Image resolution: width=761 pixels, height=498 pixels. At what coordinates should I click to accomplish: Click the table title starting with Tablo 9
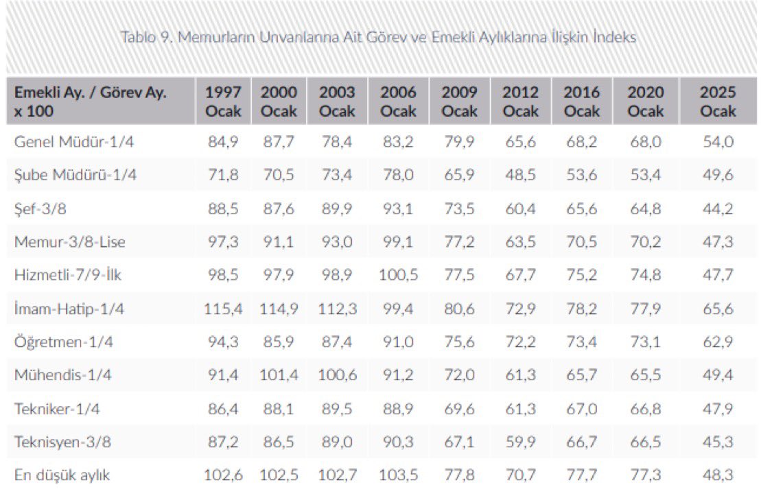point(378,37)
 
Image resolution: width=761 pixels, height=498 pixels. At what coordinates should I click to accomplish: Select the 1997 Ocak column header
point(223,102)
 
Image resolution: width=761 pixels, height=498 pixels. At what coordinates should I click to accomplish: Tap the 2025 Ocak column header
point(718,102)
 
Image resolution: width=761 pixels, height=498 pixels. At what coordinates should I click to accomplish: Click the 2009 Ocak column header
point(459,102)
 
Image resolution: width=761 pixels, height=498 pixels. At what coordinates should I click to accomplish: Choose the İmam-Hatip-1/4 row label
point(69,309)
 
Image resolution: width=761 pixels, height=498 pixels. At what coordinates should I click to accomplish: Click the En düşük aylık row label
point(62,475)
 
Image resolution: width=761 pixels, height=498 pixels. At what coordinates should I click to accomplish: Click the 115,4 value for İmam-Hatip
point(223,309)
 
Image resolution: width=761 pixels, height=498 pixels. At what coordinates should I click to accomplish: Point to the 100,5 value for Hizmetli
point(398,275)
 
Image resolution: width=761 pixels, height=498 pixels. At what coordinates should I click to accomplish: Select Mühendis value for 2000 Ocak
point(279,375)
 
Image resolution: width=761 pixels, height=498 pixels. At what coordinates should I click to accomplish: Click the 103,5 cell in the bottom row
point(398,475)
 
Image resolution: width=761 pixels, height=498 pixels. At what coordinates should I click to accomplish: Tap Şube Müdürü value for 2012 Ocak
point(520,175)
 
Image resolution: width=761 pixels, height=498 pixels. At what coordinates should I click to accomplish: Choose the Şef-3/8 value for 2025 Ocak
point(718,209)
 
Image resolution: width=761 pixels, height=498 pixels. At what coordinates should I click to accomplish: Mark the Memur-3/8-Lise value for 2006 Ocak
point(398,242)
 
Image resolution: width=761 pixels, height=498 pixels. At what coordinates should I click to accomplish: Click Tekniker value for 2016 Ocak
point(581,409)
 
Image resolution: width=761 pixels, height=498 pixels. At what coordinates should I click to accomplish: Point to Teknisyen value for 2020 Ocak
point(645,442)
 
